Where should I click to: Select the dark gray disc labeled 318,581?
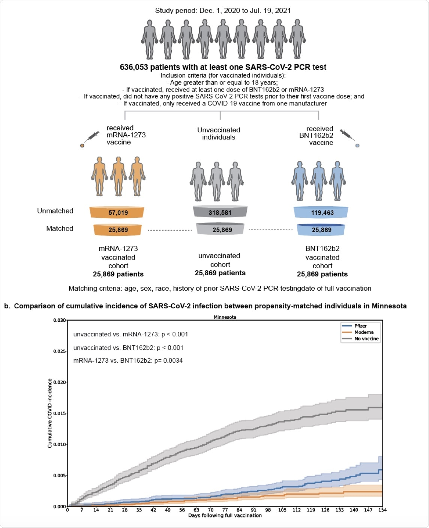pyautogui.click(x=220, y=213)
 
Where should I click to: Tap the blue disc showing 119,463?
pyautogui.click(x=322, y=213)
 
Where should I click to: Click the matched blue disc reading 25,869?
pyautogui.click(x=321, y=230)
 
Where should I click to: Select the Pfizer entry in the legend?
pyautogui.click(x=360, y=326)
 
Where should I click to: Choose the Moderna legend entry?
pyautogui.click(x=363, y=332)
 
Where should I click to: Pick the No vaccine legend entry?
pyautogui.click(x=366, y=339)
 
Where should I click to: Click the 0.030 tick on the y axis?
pyautogui.click(x=60, y=320)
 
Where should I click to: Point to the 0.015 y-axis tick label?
pyautogui.click(x=60, y=413)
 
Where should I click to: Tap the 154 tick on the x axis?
pyautogui.click(x=382, y=510)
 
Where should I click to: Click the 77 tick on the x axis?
pyautogui.click(x=225, y=510)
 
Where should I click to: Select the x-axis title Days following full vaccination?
pyautogui.click(x=225, y=516)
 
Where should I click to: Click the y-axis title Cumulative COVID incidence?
pyautogui.click(x=50, y=413)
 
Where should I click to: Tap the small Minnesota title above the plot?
pyautogui.click(x=225, y=317)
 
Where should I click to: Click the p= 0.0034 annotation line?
pyautogui.click(x=128, y=361)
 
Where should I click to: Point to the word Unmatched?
pyautogui.click(x=55, y=211)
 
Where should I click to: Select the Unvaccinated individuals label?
pyautogui.click(x=219, y=133)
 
